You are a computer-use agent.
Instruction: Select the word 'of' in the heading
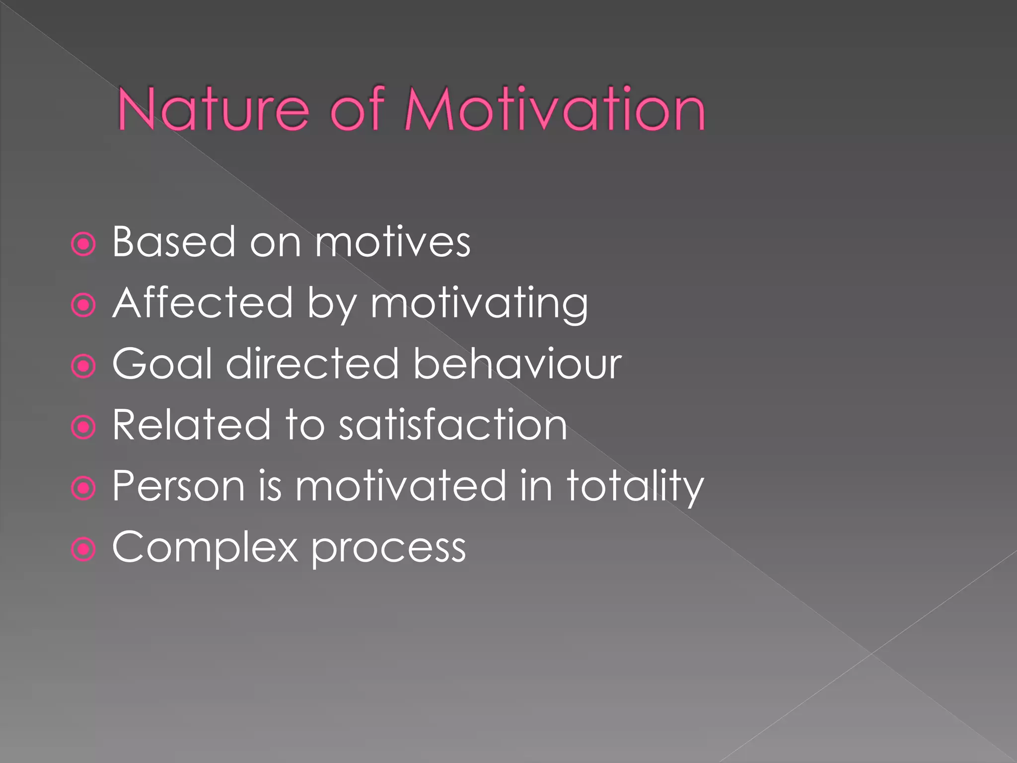pos(357,109)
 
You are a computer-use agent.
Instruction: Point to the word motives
pos(392,242)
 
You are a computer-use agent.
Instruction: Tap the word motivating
pos(479,304)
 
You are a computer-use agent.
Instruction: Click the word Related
pos(191,425)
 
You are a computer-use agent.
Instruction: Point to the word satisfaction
pos(452,425)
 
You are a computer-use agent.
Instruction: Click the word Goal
pos(162,364)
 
